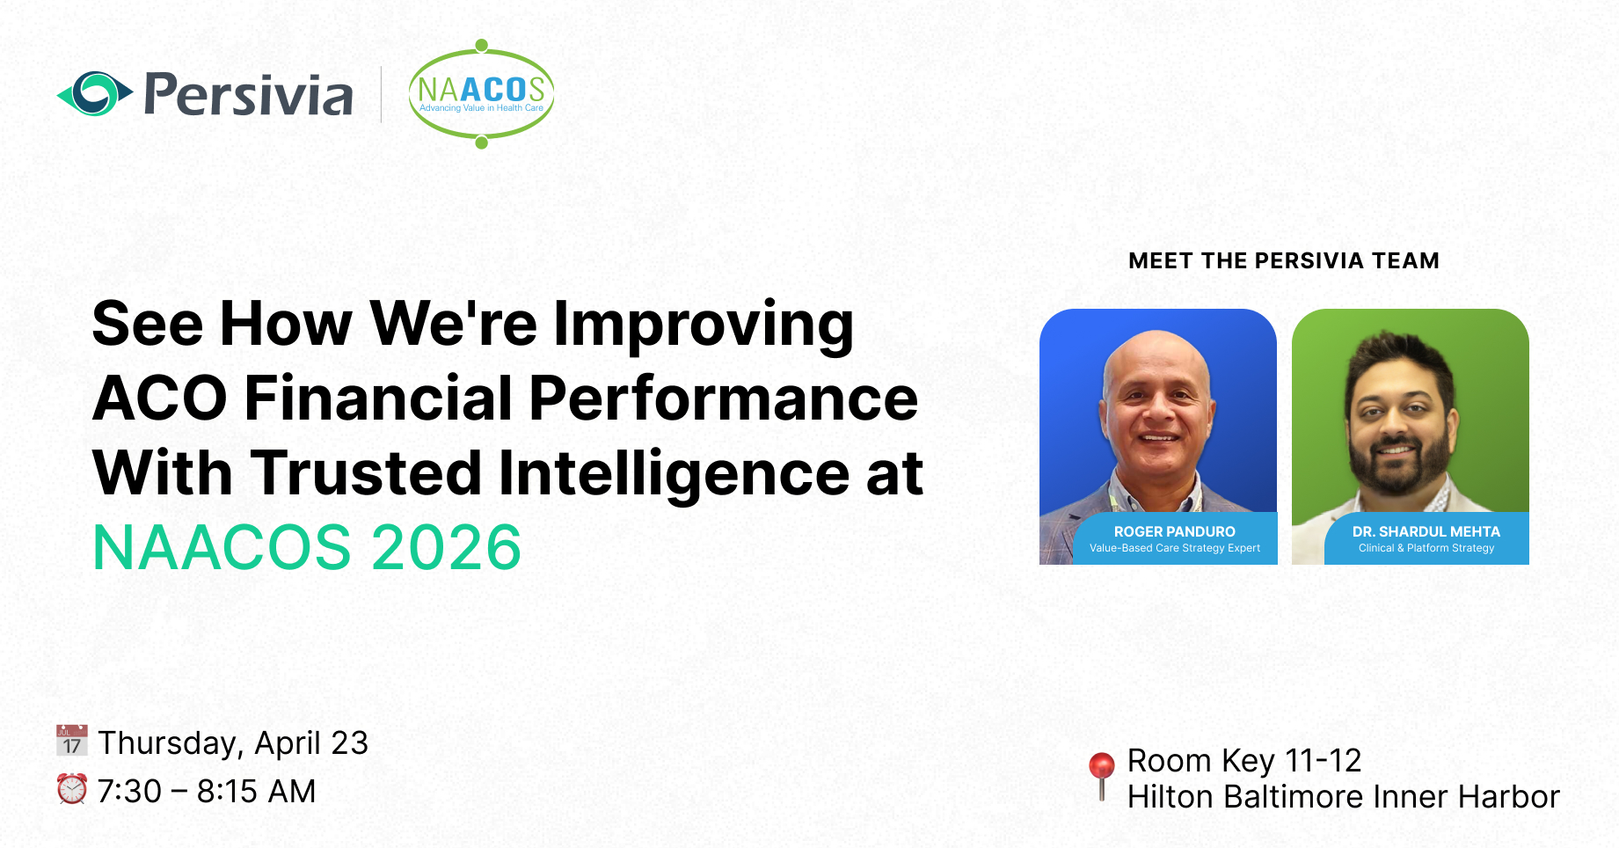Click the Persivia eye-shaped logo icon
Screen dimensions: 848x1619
[94, 93]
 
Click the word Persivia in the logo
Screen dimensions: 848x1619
[248, 95]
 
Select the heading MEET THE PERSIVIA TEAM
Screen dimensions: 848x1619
[1283, 261]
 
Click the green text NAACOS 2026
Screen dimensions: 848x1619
[307, 548]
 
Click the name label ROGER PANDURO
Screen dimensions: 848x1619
[1174, 531]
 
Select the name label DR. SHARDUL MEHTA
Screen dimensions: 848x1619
[1426, 531]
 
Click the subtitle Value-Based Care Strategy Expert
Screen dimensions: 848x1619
[1174, 548]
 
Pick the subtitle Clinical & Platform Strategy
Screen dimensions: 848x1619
[1426, 548]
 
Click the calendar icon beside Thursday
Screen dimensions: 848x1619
[72, 742]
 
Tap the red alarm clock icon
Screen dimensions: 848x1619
[72, 789]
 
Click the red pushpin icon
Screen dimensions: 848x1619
[1101, 771]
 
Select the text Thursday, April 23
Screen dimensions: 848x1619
[233, 743]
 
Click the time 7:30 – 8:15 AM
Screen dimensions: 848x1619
[207, 792]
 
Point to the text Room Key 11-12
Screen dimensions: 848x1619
[1244, 761]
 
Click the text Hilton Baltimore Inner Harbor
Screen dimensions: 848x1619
[1343, 797]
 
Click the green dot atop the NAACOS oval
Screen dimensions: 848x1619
[481, 45]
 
